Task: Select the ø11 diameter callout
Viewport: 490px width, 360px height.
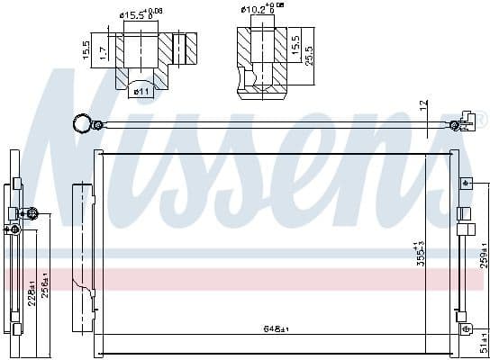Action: (x=143, y=90)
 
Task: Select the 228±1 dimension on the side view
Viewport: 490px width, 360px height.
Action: (x=32, y=292)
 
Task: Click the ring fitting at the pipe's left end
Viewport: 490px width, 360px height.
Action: (x=82, y=121)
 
